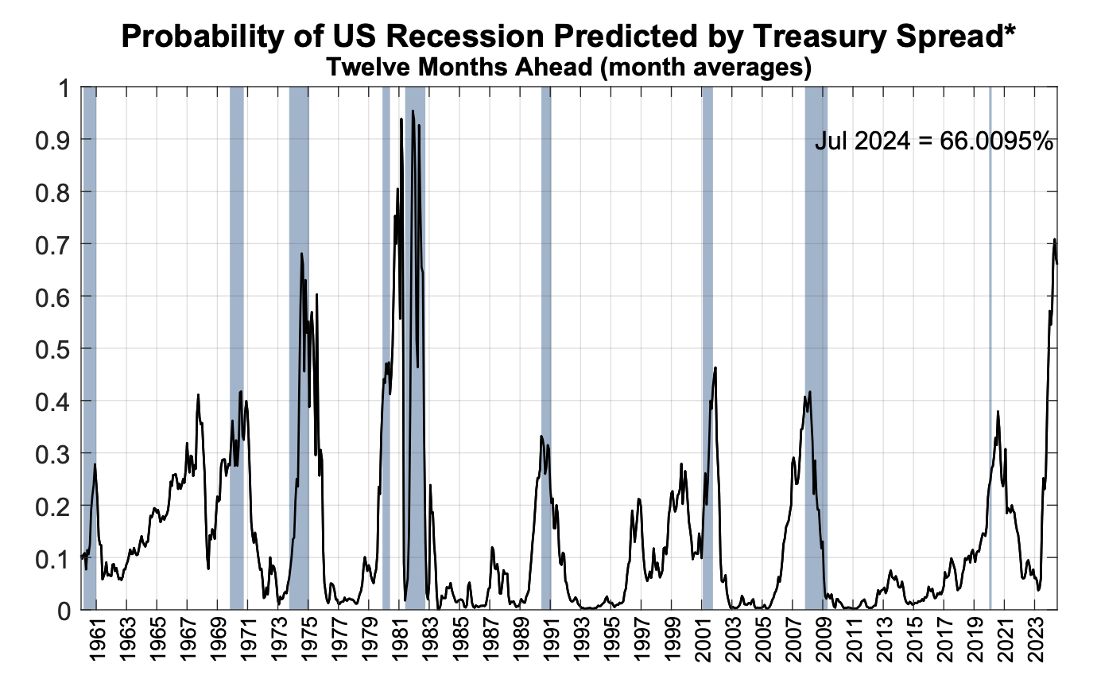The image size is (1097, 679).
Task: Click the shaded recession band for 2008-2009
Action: pos(816,239)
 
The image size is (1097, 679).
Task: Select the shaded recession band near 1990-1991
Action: pos(546,239)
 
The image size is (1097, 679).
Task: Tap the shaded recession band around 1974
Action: pos(299,199)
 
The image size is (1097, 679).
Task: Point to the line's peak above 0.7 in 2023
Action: pos(1054,239)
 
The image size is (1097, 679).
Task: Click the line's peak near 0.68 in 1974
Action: pos(301,254)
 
